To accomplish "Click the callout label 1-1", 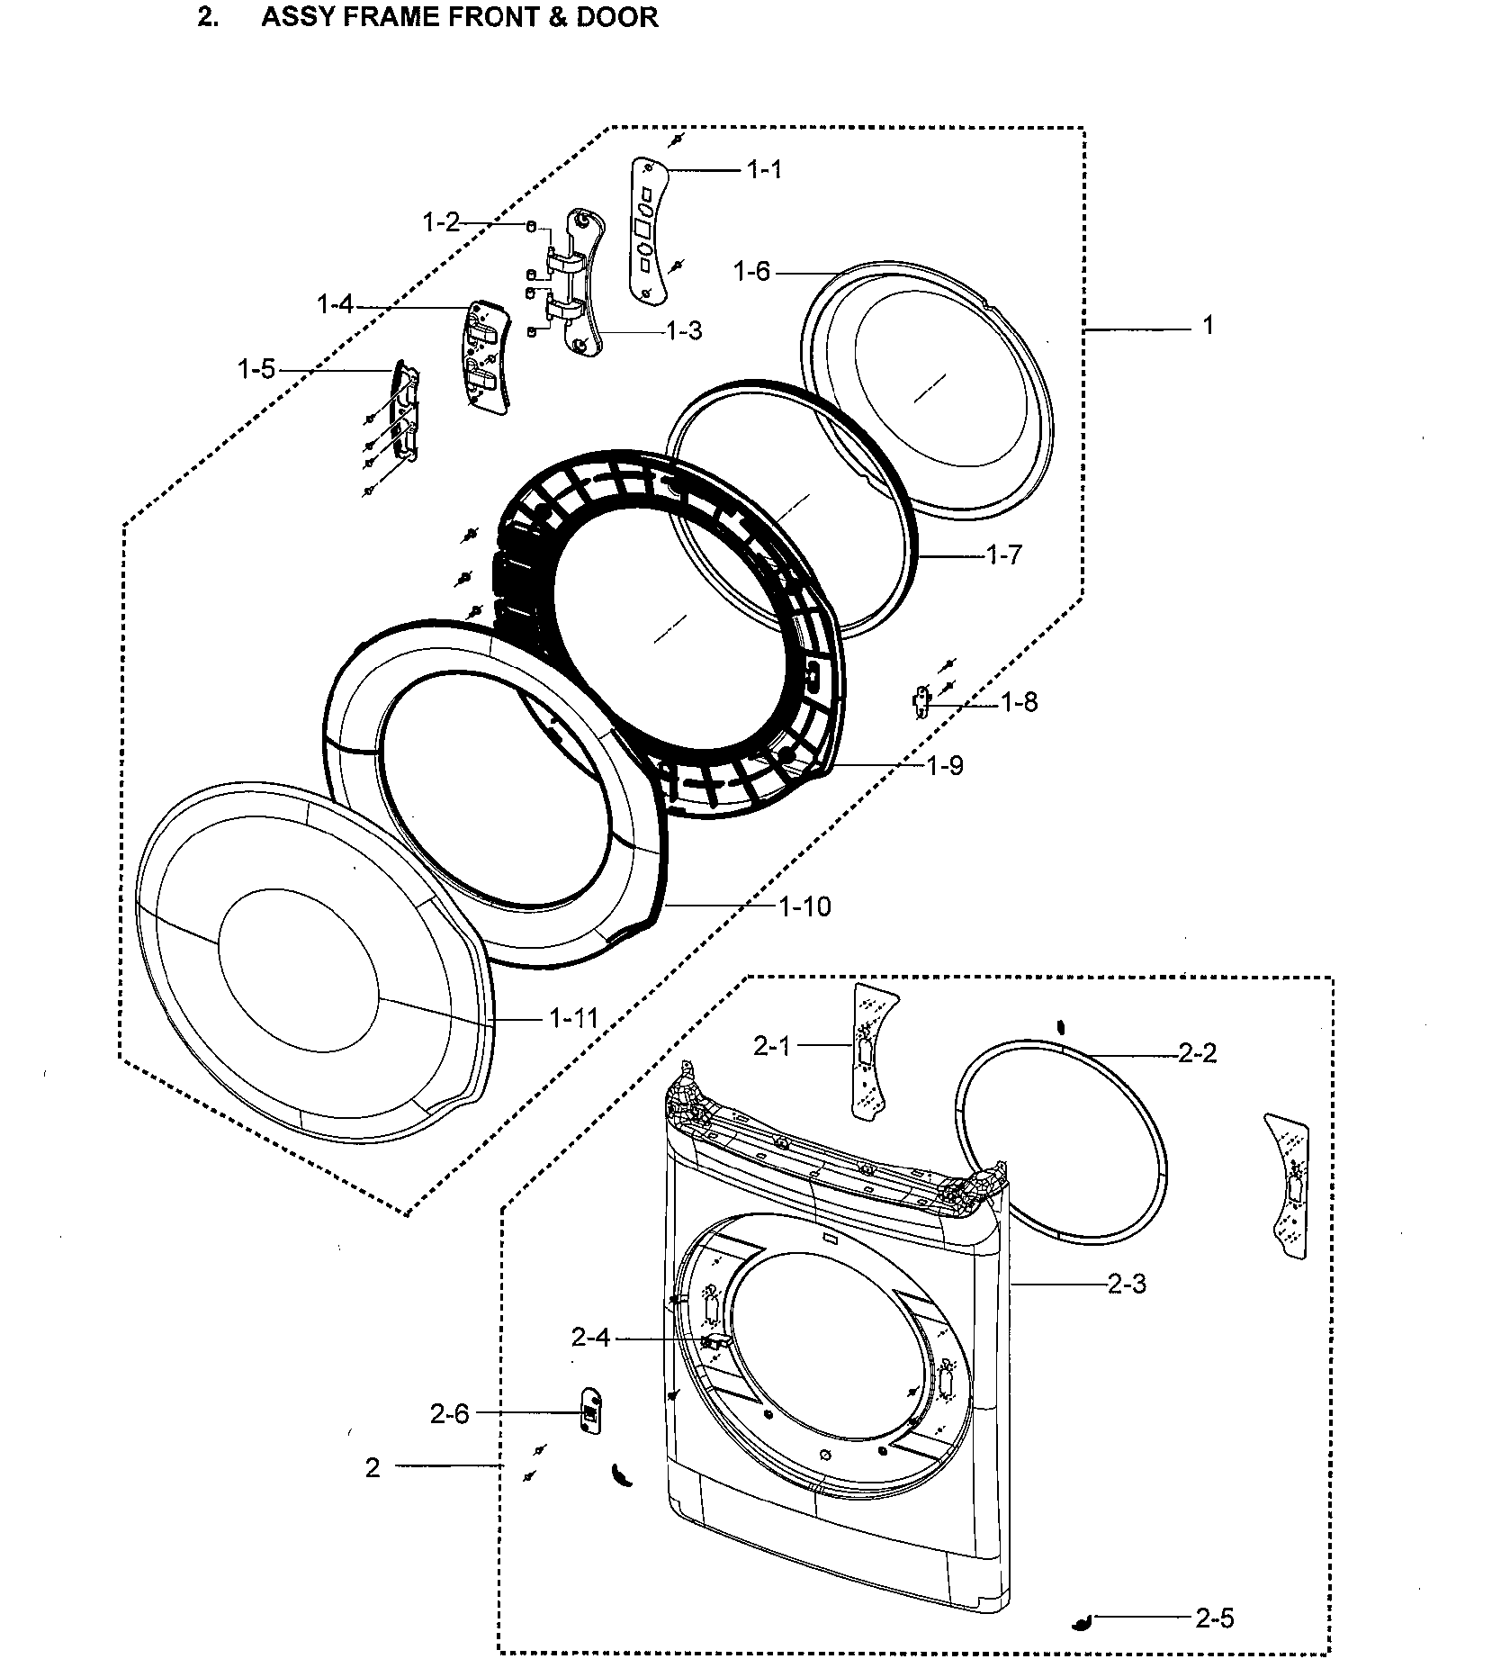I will [x=764, y=170].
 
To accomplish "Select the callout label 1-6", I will [x=751, y=270].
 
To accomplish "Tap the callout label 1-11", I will [x=574, y=1018].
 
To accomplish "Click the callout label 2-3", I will [x=1127, y=1285].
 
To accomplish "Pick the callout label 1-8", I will [x=1020, y=702].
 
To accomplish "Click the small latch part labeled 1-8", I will [x=921, y=701].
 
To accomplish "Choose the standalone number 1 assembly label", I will [x=1208, y=326].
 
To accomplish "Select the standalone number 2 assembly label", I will [x=373, y=1467].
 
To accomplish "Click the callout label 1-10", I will [x=804, y=906].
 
